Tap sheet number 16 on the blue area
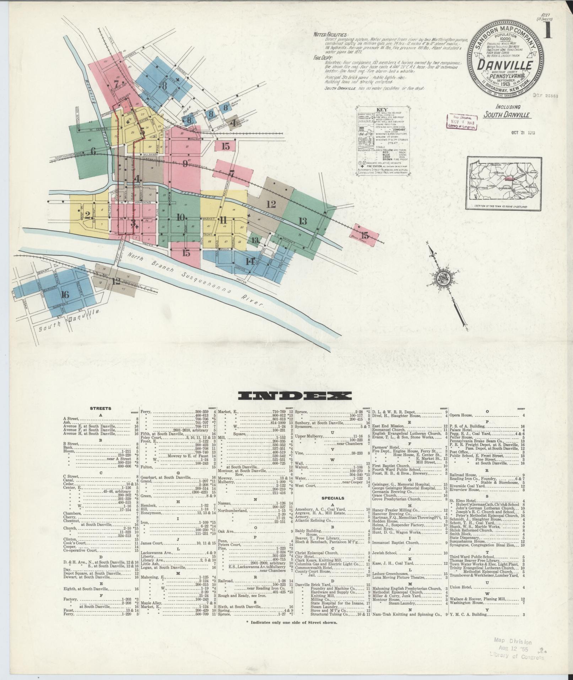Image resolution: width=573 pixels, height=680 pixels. [x=64, y=294]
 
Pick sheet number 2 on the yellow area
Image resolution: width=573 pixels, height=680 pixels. [x=87, y=215]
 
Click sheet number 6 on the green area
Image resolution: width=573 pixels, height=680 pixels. [x=93, y=151]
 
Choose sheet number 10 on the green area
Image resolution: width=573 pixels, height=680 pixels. [x=180, y=217]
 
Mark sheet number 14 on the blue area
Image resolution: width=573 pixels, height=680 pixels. [x=250, y=262]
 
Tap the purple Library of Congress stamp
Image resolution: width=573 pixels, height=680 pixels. [x=462, y=123]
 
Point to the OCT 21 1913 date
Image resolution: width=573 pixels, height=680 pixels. [x=523, y=133]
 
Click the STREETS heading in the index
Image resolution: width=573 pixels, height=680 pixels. [x=101, y=408]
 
